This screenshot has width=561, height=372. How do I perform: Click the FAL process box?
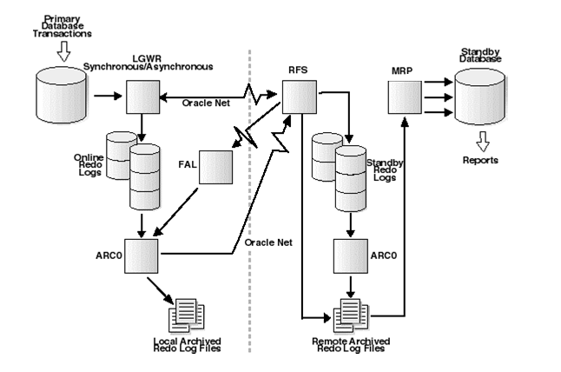pyautogui.click(x=214, y=167)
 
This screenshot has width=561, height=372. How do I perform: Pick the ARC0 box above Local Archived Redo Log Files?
pyautogui.click(x=141, y=255)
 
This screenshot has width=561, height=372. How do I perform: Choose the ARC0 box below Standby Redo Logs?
pyautogui.click(x=350, y=256)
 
